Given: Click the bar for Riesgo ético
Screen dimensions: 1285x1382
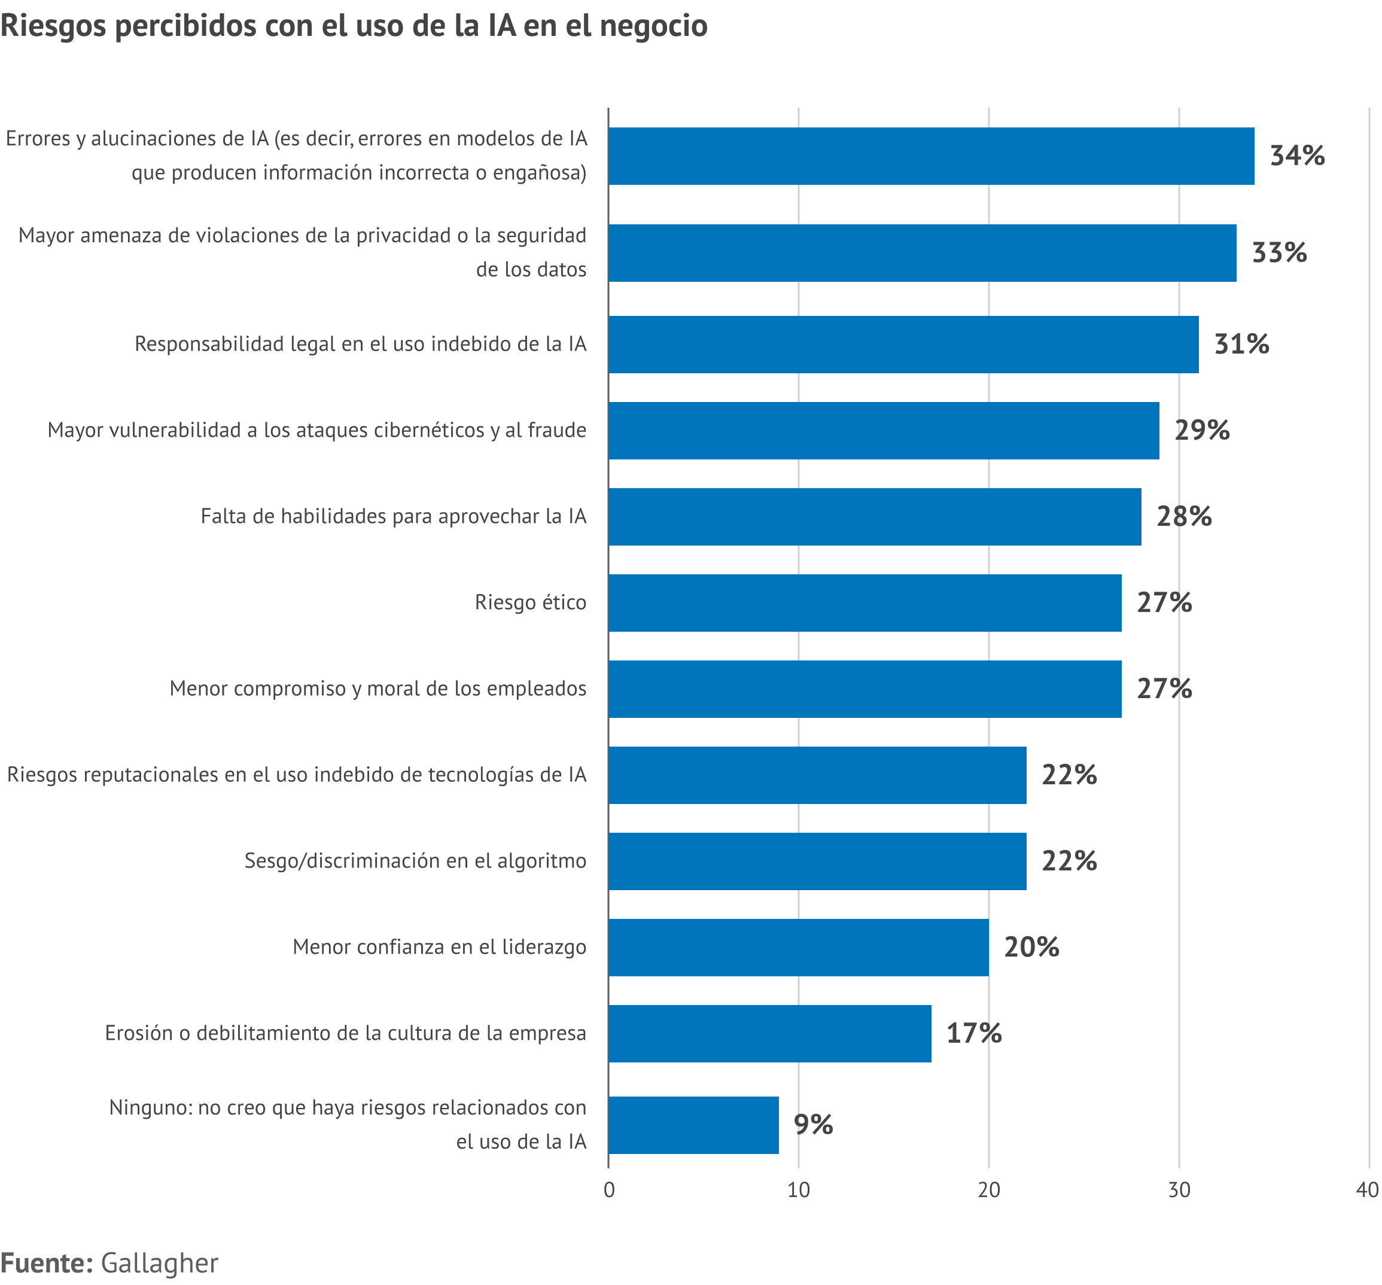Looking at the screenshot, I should (x=864, y=602).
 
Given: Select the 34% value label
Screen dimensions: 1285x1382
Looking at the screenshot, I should (x=1296, y=156).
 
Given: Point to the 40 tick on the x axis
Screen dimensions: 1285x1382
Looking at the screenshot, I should (x=1366, y=1190).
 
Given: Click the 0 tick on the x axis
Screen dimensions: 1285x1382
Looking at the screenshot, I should (x=609, y=1190).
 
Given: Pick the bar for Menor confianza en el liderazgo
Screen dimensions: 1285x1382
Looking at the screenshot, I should (x=798, y=947).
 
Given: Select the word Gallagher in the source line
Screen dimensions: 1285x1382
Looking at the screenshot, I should (x=159, y=1263).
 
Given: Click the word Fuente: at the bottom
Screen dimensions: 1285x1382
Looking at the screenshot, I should (x=47, y=1263).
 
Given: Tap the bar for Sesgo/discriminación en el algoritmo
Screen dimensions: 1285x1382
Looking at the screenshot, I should (x=817, y=861).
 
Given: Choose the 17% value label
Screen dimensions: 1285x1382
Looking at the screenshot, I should (x=973, y=1033).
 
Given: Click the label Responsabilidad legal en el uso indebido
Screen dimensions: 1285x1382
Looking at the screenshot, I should (x=360, y=344).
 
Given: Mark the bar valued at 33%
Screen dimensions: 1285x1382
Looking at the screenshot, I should (x=922, y=253).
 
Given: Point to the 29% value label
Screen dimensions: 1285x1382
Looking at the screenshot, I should (x=1201, y=430).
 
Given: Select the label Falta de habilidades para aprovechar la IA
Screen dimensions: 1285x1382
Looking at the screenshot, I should (x=394, y=516).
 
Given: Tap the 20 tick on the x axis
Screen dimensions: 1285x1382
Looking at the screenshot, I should (x=988, y=1190).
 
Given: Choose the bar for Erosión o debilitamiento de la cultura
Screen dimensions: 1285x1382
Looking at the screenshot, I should (x=769, y=1033).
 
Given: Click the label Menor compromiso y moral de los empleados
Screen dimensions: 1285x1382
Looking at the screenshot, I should (x=378, y=689).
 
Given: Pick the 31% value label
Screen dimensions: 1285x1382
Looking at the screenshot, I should (x=1241, y=344).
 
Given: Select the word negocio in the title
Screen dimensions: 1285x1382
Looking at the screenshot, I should (x=653, y=26).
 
